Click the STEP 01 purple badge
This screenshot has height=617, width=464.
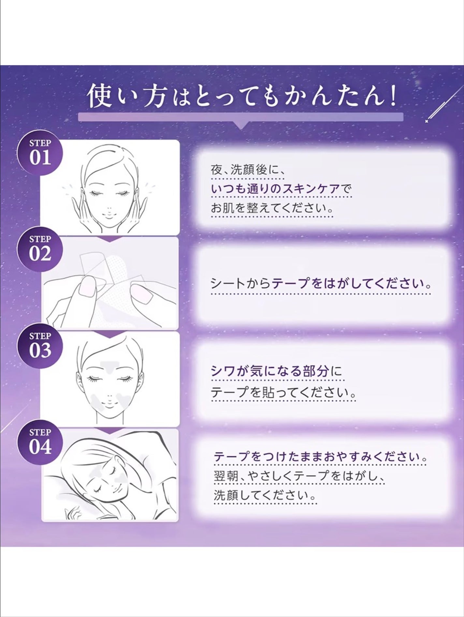pyautogui.click(x=40, y=153)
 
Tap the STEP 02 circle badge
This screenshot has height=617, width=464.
pyautogui.click(x=40, y=249)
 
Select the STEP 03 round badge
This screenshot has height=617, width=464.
pyautogui.click(x=40, y=346)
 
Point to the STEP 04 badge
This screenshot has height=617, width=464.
pyautogui.click(x=40, y=442)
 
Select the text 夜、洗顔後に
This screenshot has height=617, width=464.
pyautogui.click(x=248, y=170)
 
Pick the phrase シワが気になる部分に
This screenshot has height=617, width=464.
pyautogui.click(x=276, y=372)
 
